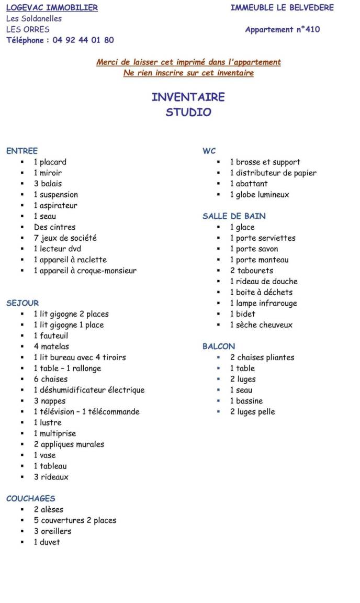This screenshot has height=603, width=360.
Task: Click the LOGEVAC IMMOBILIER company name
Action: coord(52,7)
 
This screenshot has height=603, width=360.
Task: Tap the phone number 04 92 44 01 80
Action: coord(83,40)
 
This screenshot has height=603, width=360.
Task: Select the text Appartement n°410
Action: coord(283,29)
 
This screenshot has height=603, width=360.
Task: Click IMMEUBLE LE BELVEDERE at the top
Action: coord(282,7)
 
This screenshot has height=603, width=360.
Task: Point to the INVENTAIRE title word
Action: coord(188,97)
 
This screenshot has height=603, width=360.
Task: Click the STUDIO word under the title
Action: coord(188,112)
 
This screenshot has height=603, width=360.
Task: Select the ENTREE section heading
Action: coord(22,151)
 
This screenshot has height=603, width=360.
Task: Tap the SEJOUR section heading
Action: coord(22,303)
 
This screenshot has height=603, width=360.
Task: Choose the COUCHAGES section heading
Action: coord(30,498)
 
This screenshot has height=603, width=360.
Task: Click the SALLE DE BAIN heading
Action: coord(234,216)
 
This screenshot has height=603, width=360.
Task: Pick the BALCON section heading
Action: coord(219,346)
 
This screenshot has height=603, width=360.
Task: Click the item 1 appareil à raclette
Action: coord(70,260)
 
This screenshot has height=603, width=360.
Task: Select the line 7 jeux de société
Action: coord(65,238)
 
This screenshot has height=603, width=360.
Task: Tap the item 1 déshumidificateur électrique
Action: coord(89,390)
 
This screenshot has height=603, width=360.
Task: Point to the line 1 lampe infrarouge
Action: coord(263,303)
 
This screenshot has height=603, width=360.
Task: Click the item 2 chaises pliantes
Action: coord(262,358)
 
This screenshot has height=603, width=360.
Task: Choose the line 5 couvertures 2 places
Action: coord(75,520)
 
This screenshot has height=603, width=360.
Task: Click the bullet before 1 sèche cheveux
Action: coord(218,325)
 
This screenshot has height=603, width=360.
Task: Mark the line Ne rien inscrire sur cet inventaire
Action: coord(188,73)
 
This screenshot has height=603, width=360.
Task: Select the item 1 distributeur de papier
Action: coord(273,173)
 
